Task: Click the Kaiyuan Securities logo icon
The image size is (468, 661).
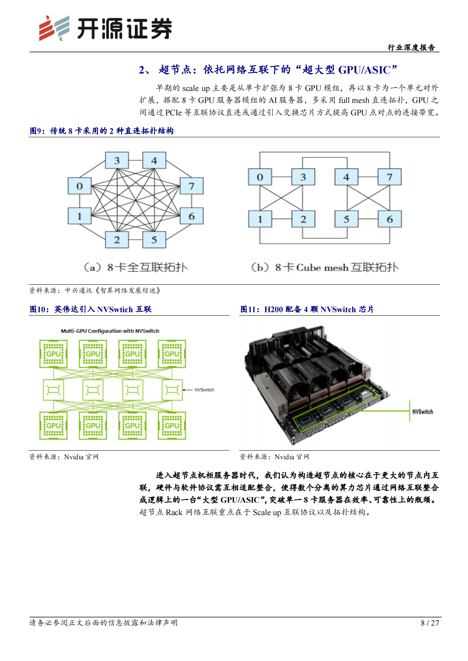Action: (54, 28)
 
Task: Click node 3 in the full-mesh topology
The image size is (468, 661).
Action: (117, 161)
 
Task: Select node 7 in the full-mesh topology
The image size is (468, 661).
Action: (192, 186)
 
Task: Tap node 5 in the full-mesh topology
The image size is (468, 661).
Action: (154, 240)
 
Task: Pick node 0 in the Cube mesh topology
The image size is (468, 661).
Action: (260, 177)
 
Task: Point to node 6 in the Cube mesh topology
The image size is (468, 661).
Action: (389, 219)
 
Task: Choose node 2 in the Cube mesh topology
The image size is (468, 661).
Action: (303, 219)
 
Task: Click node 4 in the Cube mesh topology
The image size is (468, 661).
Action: (346, 177)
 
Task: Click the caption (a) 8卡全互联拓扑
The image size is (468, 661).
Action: (135, 267)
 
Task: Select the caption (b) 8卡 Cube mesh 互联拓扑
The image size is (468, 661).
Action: (325, 267)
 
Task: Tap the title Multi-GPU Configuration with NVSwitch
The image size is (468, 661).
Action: (110, 331)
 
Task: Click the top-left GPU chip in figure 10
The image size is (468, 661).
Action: (54, 354)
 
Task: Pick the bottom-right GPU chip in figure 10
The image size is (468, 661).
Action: (172, 425)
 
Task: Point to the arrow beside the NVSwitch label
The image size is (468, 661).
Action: (188, 390)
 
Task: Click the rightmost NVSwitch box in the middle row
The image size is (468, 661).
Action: (172, 390)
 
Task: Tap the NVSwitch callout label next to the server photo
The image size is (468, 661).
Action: (422, 412)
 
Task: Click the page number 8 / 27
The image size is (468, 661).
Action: (430, 623)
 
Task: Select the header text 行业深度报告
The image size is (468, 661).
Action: (411, 48)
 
